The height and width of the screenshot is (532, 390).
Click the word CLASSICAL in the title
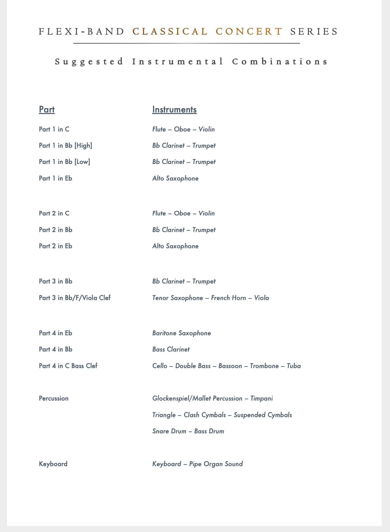pos(170,32)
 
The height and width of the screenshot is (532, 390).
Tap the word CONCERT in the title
pos(249,32)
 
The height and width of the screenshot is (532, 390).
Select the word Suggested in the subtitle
pos(89,62)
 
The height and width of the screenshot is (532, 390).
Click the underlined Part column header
pos(47,109)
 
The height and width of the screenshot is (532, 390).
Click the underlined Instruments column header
pos(174,109)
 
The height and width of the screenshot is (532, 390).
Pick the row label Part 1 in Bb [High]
pos(66,146)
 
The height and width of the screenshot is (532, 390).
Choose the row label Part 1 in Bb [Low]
pos(65,162)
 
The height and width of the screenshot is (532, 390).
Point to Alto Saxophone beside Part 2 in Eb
pos(175,246)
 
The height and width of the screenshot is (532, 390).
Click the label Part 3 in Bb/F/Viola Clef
pos(75,298)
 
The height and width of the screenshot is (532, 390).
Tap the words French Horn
pos(228,298)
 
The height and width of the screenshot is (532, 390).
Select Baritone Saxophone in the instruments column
pos(182,333)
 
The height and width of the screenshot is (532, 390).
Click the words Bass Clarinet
pos(171,349)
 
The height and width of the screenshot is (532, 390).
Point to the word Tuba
pos(294,366)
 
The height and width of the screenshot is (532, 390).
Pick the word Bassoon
pos(230,366)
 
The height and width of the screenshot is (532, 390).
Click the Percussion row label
pos(54,398)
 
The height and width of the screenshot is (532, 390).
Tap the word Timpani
pos(261,398)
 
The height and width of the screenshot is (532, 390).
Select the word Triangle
pos(164,415)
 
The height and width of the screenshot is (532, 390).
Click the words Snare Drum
pos(169,431)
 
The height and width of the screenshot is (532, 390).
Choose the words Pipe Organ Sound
pos(216,464)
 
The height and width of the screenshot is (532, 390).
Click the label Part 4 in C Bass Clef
pos(68,366)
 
